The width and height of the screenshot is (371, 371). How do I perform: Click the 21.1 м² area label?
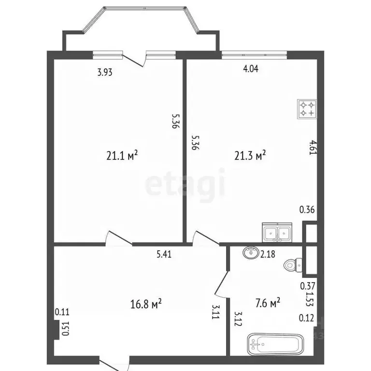click(122, 156)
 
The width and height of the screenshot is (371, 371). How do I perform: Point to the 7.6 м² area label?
click(268, 304)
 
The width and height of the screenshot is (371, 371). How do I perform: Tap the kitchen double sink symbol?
click(277, 232)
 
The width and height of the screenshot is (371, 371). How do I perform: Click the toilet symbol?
click(294, 265)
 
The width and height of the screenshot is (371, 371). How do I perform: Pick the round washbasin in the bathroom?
click(251, 252)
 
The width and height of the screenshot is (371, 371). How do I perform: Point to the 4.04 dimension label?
click(251, 69)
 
